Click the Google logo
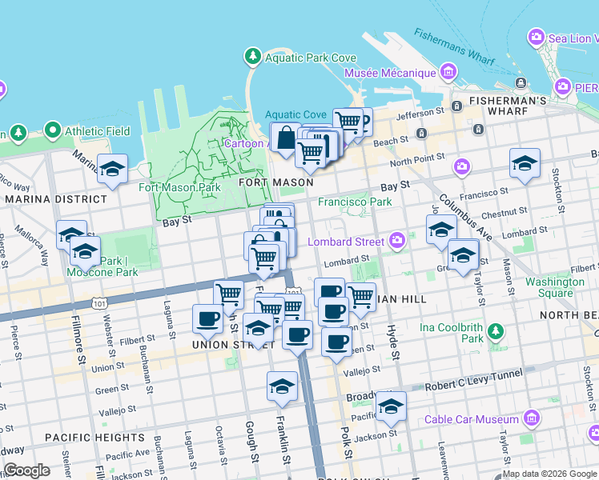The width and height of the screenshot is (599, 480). [x=26, y=470]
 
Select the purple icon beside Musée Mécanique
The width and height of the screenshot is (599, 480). [x=447, y=73]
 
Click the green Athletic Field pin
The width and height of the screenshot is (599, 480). [x=53, y=130]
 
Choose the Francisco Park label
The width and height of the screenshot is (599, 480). [x=355, y=202]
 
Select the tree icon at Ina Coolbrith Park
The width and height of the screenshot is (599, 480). [x=496, y=330]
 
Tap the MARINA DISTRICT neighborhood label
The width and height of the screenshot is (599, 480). [x=55, y=198]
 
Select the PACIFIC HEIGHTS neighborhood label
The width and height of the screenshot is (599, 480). [x=83, y=438]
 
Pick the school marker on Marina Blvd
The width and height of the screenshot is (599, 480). [x=113, y=169]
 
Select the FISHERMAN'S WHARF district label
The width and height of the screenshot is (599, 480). [x=496, y=101]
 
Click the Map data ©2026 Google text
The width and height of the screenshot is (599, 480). [x=549, y=474]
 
